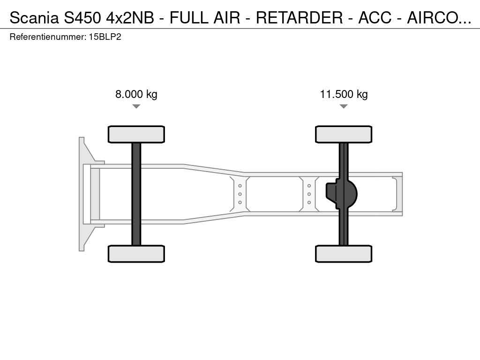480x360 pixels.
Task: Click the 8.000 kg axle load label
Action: pos(136,94)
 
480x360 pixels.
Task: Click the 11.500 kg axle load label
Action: pos(344,94)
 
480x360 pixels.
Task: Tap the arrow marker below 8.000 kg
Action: pos(136,106)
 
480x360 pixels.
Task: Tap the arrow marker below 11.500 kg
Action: pos(344,106)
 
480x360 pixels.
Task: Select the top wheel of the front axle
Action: pos(136,134)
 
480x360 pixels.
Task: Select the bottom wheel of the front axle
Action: pos(136,254)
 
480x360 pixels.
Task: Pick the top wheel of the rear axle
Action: pos(344,134)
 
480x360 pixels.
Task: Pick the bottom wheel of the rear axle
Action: pos(344,254)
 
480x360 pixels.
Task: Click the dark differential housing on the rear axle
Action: pos(341,194)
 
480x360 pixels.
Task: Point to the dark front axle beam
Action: pos(136,194)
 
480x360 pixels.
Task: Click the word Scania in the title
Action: pos(34,18)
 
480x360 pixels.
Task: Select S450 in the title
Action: pos(82,18)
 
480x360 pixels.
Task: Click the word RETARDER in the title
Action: pos(300,18)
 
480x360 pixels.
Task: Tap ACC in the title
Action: pos(375,18)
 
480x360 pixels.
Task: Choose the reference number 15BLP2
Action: pos(105,37)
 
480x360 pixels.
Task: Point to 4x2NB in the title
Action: pos(130,18)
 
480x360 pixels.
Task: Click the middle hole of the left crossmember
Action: pos(240,194)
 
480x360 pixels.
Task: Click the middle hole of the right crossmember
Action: pos(309,194)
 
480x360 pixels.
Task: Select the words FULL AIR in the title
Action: pos(205,18)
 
